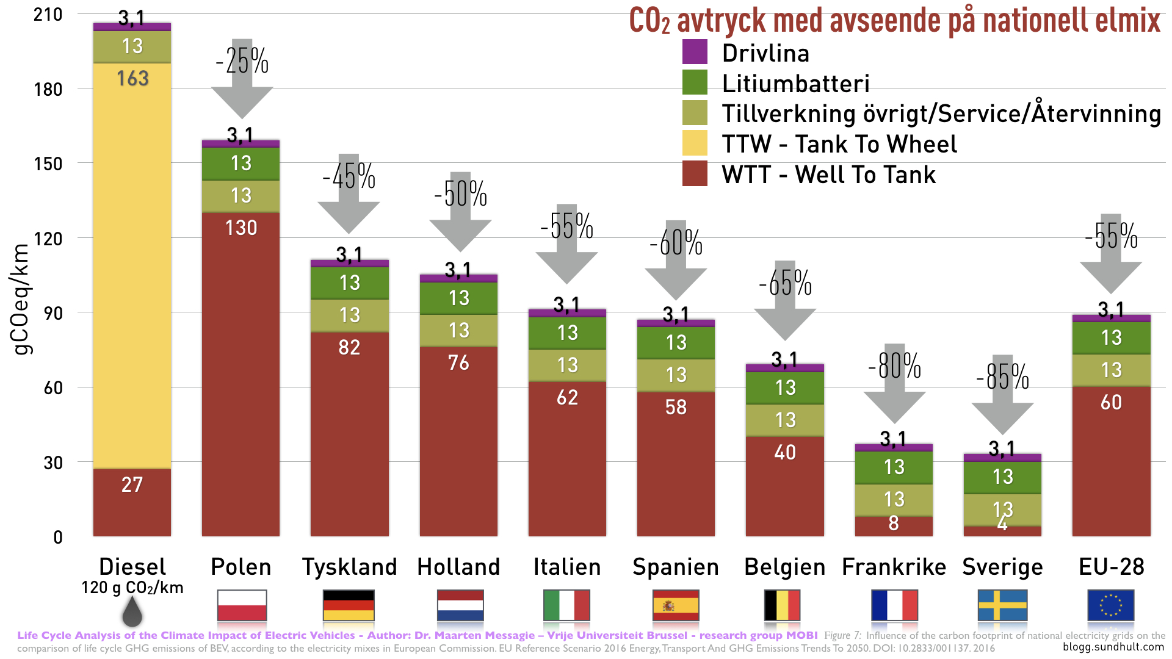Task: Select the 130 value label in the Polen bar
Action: [x=241, y=228]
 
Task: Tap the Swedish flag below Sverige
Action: [x=1002, y=605]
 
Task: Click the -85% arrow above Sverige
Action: [x=1002, y=391]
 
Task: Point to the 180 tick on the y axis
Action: [x=48, y=89]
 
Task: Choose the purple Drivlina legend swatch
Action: [x=695, y=52]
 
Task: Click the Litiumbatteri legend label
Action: [x=795, y=84]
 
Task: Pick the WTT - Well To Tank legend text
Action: [x=828, y=175]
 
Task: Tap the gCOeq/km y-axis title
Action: [x=21, y=299]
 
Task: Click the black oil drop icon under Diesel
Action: [x=132, y=612]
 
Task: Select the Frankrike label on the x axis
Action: [x=894, y=567]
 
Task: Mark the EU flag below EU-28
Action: [x=1111, y=605]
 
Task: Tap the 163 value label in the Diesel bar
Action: [x=132, y=79]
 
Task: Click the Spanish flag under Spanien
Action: [x=676, y=605]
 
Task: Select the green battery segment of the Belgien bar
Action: [x=785, y=388]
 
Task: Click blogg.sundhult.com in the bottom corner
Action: [x=1113, y=647]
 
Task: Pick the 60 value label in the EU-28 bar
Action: [x=1111, y=403]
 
